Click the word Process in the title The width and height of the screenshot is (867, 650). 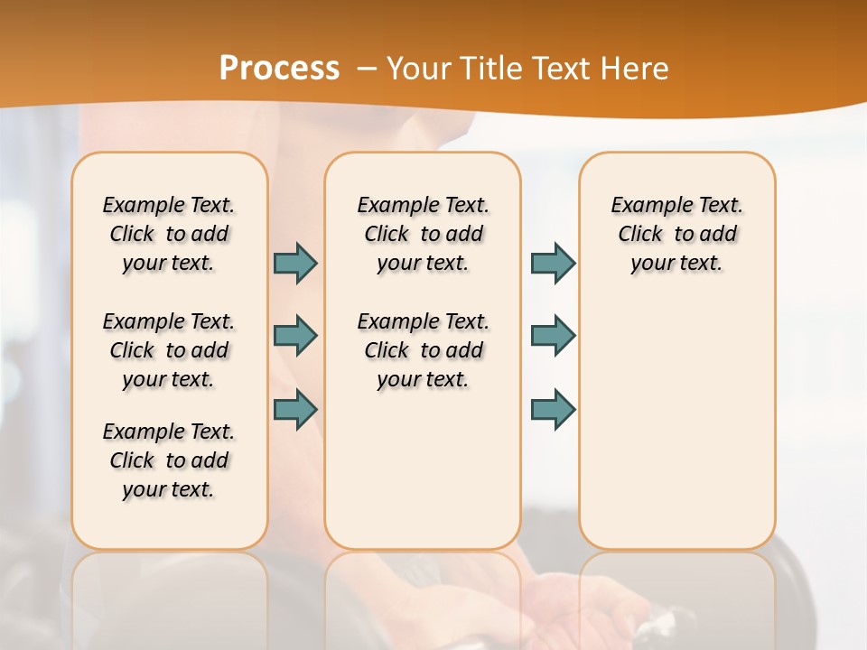pos(279,69)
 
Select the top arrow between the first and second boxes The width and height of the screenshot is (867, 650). pos(295,264)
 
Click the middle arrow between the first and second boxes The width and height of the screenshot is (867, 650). pos(295,336)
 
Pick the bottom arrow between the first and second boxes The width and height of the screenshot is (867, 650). pos(295,409)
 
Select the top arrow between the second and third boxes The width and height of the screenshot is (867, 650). pos(553,264)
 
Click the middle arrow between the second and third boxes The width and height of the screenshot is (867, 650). pos(553,336)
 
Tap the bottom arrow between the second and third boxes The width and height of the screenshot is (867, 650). pos(553,409)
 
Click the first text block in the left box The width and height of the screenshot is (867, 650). pos(169,234)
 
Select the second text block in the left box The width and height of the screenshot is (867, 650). pos(169,350)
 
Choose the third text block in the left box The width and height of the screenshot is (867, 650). pos(169,460)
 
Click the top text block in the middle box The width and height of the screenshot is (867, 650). pos(423,234)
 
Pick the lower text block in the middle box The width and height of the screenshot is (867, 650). pos(423,350)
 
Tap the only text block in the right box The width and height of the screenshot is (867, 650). pos(676,234)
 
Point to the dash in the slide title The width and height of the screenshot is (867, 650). pos(367,69)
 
